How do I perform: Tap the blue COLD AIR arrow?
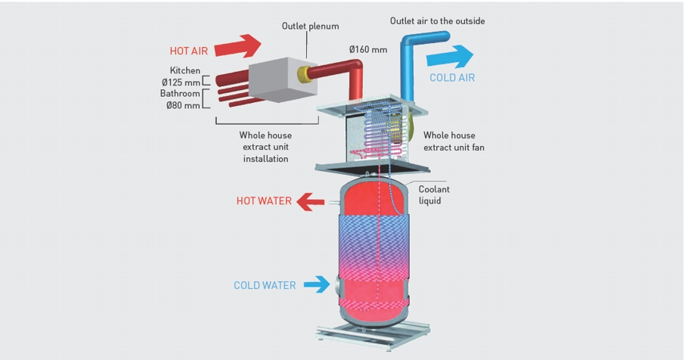pyautogui.click(x=450, y=57)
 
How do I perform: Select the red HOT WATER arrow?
pyautogui.click(x=310, y=202)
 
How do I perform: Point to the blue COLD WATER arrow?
pyautogui.click(x=316, y=284)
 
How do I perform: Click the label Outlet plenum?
pyautogui.click(x=310, y=26)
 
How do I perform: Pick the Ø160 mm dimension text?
pyautogui.click(x=368, y=49)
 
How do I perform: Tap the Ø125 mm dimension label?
pyautogui.click(x=181, y=82)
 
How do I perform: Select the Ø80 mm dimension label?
pyautogui.click(x=183, y=105)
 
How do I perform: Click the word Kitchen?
pyautogui.click(x=184, y=70)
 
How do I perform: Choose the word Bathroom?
pyautogui.click(x=180, y=94)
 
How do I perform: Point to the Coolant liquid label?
pyautogui.click(x=434, y=195)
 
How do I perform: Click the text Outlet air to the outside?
pyautogui.click(x=438, y=21)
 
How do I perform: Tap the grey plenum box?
pyautogui.click(x=283, y=79)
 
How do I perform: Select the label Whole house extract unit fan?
pyautogui.click(x=454, y=141)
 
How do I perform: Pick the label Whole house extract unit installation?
pyautogui.click(x=265, y=147)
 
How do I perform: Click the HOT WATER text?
pyautogui.click(x=264, y=201)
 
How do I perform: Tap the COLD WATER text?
pyautogui.click(x=265, y=285)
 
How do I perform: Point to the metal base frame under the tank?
pyautogui.click(x=373, y=336)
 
